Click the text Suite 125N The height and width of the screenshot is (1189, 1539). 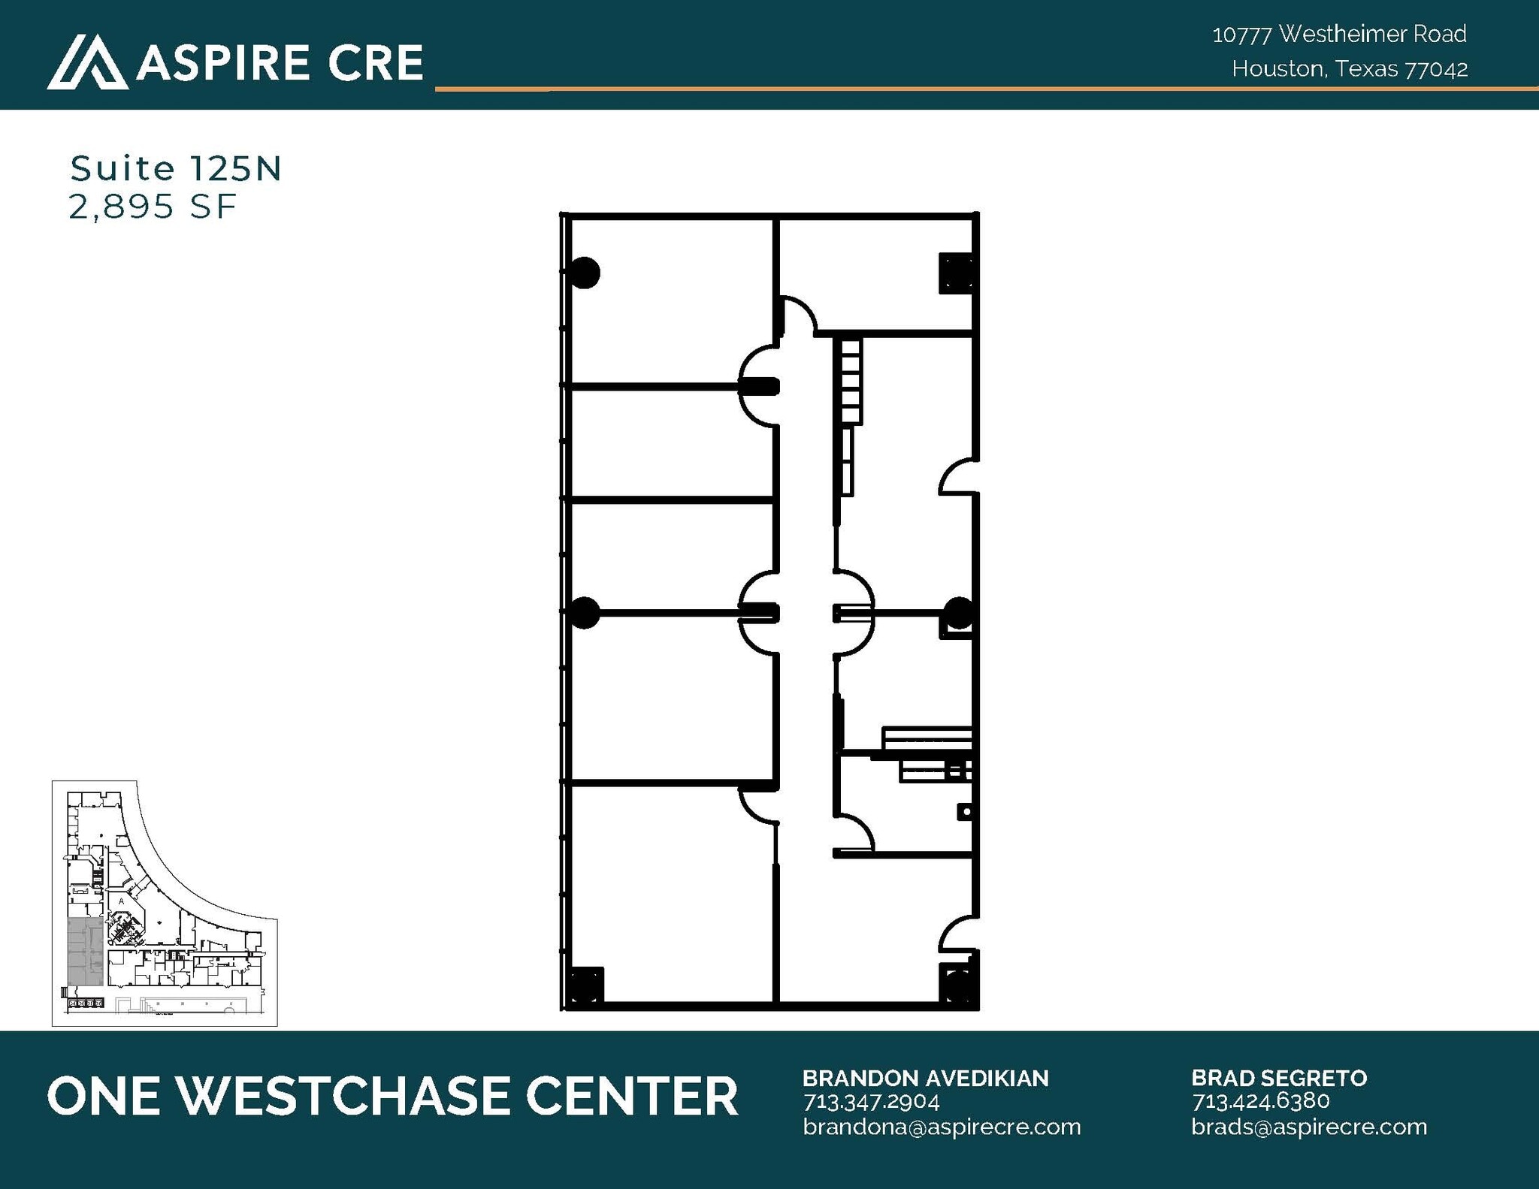(175, 169)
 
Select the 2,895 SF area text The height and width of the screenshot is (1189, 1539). (153, 207)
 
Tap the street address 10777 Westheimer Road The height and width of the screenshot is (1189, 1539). (1338, 34)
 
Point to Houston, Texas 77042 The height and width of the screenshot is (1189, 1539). (1349, 69)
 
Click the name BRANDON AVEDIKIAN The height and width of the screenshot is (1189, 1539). (925, 1079)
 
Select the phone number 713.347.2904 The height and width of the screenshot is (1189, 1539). (871, 1102)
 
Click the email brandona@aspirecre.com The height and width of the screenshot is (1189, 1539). (942, 1127)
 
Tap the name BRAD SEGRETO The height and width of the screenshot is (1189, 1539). (1279, 1079)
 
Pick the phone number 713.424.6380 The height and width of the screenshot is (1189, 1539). (1260, 1101)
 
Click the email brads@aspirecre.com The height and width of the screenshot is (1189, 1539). (1309, 1127)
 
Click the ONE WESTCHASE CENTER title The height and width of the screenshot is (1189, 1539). (392, 1096)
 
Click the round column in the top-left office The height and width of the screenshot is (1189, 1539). (585, 273)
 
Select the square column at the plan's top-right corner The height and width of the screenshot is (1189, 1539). (956, 273)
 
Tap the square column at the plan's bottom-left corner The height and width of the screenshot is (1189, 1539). (584, 985)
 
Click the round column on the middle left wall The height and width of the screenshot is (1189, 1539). (585, 612)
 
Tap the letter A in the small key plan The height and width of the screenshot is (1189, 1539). (121, 900)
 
